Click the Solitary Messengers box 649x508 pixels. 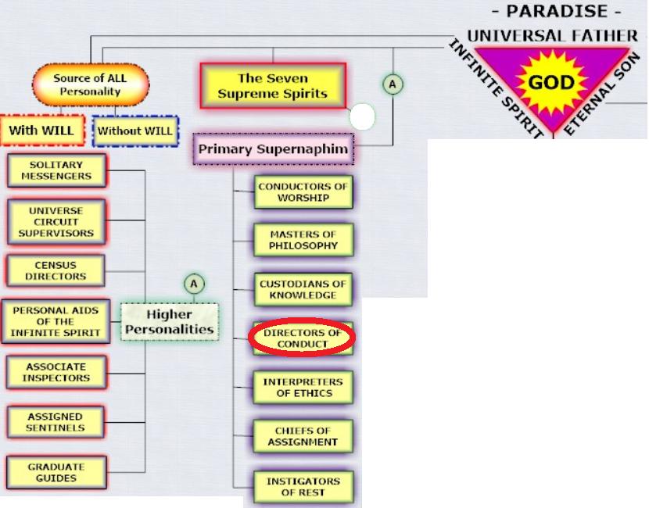pyautogui.click(x=57, y=170)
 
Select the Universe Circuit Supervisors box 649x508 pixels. pyautogui.click(x=56, y=222)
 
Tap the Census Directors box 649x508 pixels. pyautogui.click(x=56, y=270)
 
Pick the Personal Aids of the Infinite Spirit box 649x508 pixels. pyautogui.click(x=56, y=321)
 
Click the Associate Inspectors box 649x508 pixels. pyautogui.click(x=56, y=372)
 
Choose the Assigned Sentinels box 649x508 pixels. pyautogui.click(x=56, y=422)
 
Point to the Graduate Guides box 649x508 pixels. pyautogui.click(x=56, y=472)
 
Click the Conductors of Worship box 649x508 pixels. pyautogui.click(x=303, y=192)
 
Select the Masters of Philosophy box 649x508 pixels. pyautogui.click(x=303, y=240)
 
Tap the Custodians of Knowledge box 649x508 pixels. pyautogui.click(x=303, y=290)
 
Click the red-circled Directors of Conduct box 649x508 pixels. pyautogui.click(x=302, y=338)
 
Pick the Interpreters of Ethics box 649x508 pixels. pyautogui.click(x=303, y=387)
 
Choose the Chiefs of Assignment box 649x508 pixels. pyautogui.click(x=303, y=436)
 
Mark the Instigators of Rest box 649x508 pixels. pyautogui.click(x=303, y=487)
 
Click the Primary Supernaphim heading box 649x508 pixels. pyautogui.click(x=274, y=149)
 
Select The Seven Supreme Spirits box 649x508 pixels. pyautogui.click(x=273, y=86)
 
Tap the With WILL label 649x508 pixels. pyautogui.click(x=41, y=131)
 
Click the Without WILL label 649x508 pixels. pyautogui.click(x=135, y=131)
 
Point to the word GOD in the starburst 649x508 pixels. pyautogui.click(x=551, y=82)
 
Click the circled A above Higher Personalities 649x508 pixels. pyautogui.click(x=194, y=284)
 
